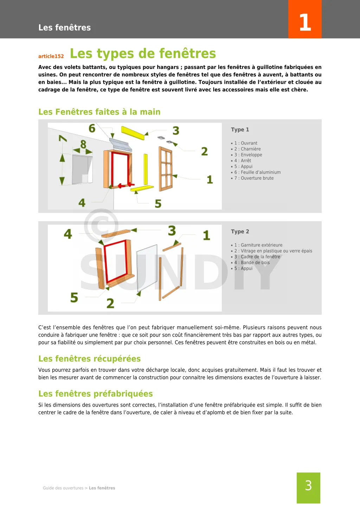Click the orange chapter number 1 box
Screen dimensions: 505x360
point(305,19)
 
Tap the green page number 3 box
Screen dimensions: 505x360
point(308,487)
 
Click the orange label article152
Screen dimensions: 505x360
point(51,56)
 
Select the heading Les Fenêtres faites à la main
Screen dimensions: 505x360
point(99,112)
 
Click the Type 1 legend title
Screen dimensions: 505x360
point(240,129)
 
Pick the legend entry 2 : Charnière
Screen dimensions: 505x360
point(247,149)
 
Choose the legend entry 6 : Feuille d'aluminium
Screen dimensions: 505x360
point(257,172)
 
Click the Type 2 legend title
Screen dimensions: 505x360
point(240,231)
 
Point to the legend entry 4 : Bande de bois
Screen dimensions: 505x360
point(252,262)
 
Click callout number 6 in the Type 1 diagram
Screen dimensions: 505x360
point(92,128)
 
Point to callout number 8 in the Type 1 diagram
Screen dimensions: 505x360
point(83,144)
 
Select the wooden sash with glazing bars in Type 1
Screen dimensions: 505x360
point(166,169)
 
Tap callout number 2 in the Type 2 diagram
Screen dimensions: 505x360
point(110,303)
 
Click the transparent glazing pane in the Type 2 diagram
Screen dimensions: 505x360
point(147,267)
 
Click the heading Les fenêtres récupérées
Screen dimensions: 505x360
point(89,359)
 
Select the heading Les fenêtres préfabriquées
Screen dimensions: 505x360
point(95,394)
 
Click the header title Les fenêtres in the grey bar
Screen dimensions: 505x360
point(64,27)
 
